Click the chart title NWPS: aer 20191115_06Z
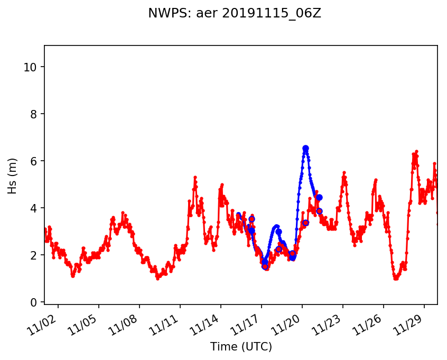click(x=235, y=14)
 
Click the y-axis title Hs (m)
click(x=12, y=176)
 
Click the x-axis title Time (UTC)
click(x=241, y=347)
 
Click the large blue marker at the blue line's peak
click(x=305, y=149)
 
